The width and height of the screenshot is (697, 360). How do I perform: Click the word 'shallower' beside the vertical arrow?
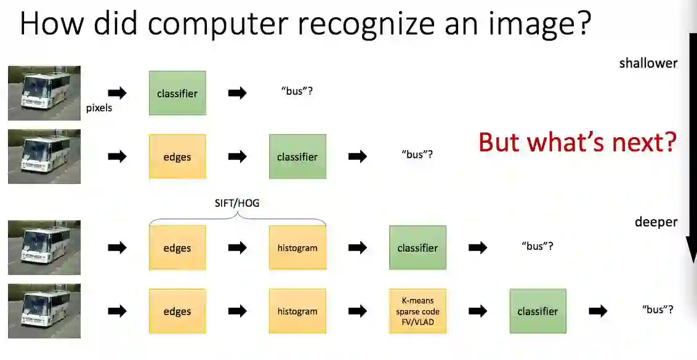coord(648,63)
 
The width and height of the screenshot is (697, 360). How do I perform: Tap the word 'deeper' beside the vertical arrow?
coord(656,222)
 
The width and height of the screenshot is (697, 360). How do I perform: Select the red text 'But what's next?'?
coord(577,142)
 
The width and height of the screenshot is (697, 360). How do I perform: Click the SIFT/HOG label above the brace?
coord(237,202)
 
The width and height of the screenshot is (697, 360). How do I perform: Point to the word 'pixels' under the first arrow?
coord(99,108)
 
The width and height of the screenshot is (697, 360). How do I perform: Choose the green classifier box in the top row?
coord(177,94)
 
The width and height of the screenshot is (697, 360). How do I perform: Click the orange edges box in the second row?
coord(177,157)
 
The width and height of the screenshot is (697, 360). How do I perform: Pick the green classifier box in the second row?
coord(297,157)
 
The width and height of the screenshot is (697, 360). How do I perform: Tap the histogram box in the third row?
coord(297,248)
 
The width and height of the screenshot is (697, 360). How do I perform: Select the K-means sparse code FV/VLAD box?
coord(417,311)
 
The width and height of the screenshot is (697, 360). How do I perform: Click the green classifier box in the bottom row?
coord(538,311)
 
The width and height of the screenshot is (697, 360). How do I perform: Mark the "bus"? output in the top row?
coord(297,92)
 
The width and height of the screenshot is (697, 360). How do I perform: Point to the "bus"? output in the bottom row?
coord(657,310)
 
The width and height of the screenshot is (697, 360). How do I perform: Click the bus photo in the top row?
coord(44,94)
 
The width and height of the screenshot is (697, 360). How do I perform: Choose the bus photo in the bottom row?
coord(44,311)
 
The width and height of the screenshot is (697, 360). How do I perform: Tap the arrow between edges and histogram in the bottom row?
coord(237,311)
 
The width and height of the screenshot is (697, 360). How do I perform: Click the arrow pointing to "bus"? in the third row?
coord(477,248)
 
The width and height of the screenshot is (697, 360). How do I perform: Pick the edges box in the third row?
coord(177,248)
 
